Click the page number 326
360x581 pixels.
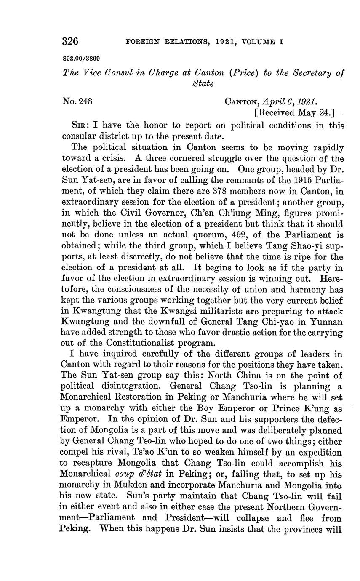70,41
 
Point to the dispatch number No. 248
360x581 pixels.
77,101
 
